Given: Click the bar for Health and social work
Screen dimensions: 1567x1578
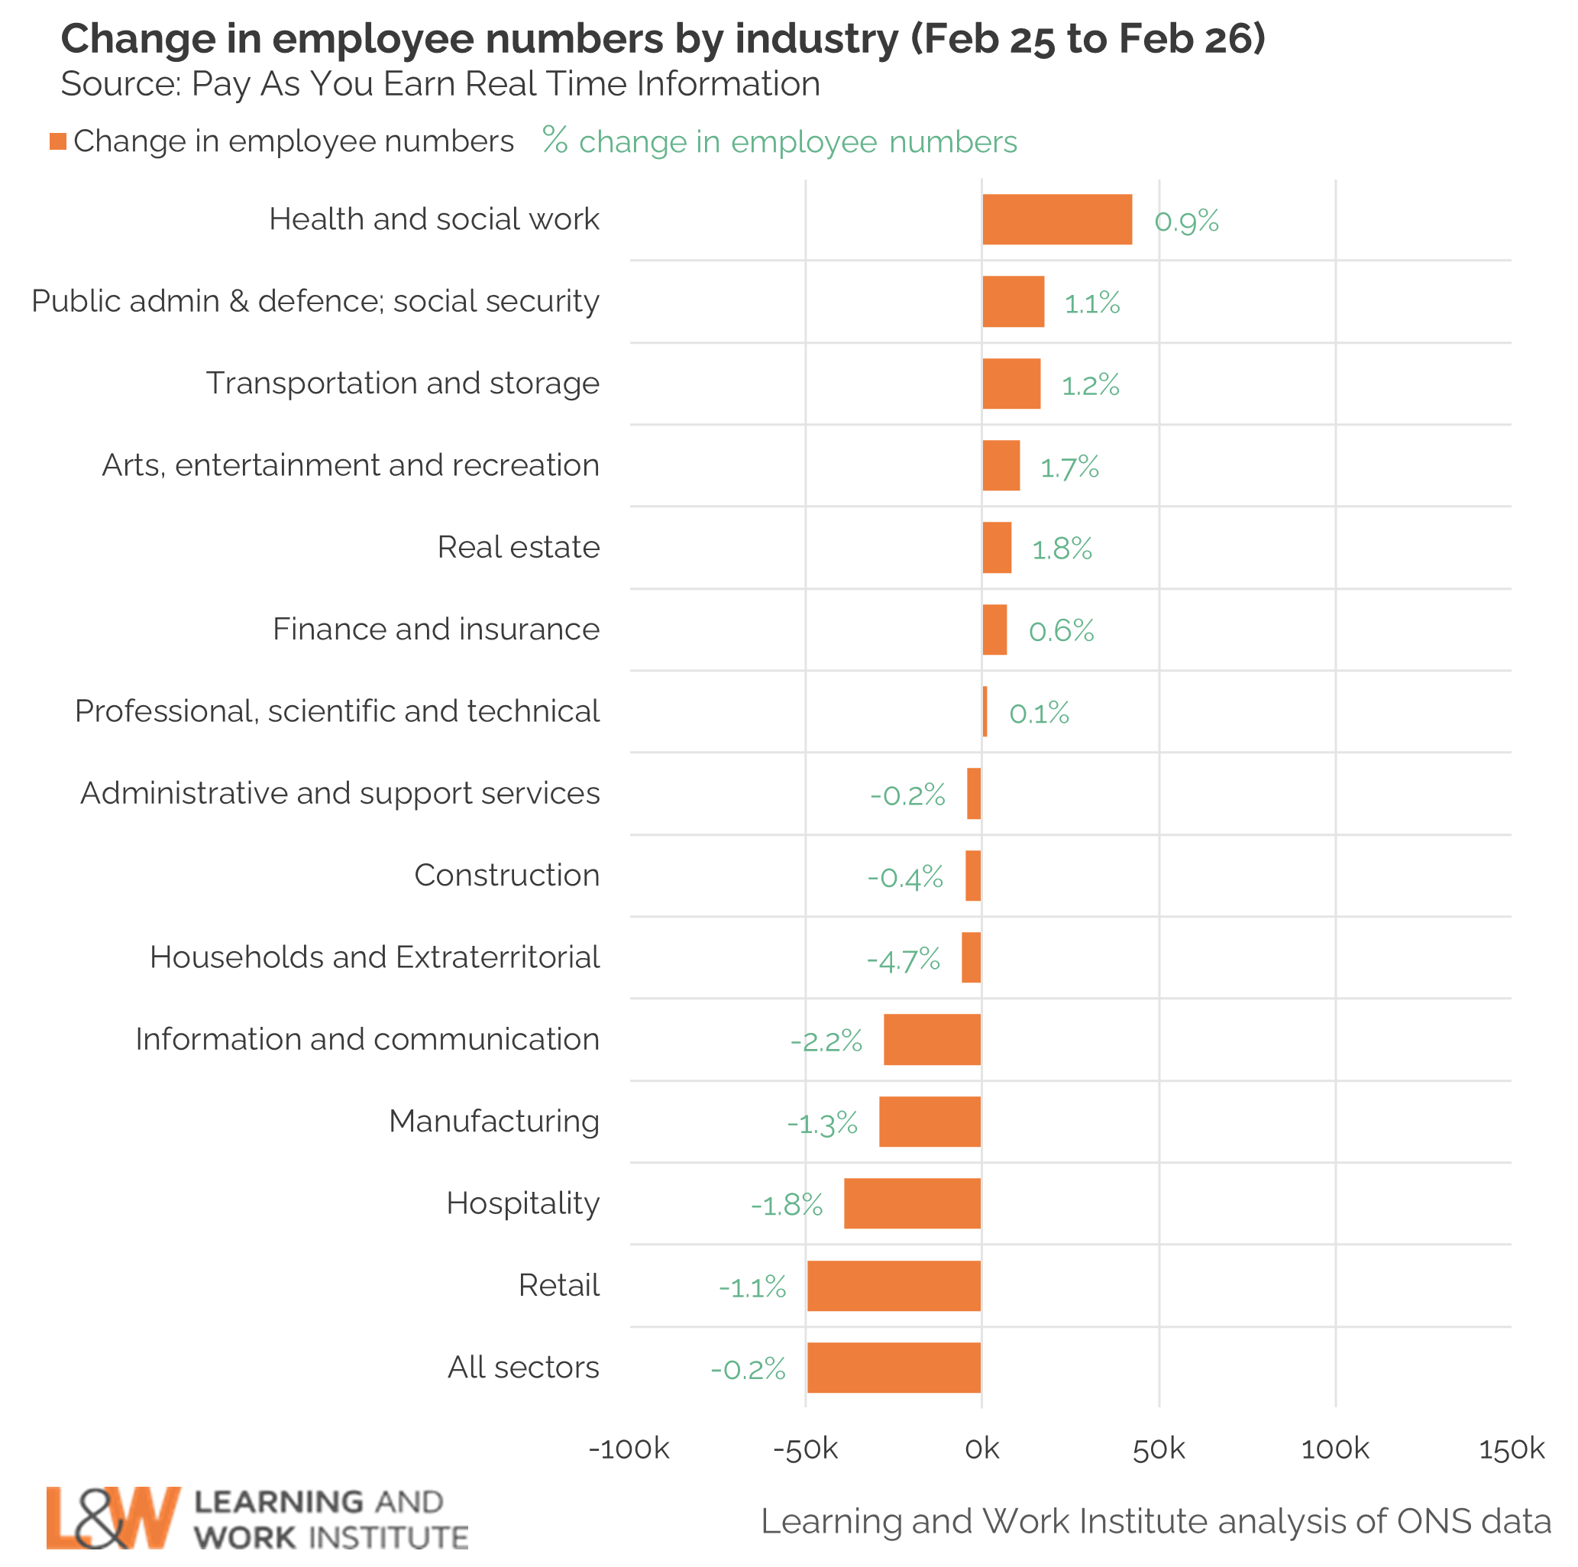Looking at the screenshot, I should point(1057,219).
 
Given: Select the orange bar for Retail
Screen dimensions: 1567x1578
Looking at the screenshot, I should point(894,1285).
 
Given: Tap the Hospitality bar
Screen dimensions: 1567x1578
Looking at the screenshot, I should point(911,1203).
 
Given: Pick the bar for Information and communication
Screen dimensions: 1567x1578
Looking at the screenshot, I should point(932,1039).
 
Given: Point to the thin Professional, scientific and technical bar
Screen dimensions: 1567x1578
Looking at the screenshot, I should point(985,711).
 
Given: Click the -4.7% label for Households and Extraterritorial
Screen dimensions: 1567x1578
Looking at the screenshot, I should point(904,958).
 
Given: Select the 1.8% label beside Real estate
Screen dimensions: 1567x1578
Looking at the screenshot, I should point(1062,549).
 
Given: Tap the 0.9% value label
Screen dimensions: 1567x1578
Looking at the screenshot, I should point(1186,221).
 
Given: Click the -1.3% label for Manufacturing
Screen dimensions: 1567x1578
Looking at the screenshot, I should point(822,1123).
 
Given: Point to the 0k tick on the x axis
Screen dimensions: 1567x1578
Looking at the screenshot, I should point(981,1449).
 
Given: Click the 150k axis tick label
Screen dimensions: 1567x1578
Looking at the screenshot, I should point(1511,1449).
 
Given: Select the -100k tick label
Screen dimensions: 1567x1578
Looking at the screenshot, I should point(629,1449).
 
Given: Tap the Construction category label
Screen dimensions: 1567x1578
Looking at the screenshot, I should point(506,875).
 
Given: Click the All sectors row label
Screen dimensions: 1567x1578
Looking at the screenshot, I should point(522,1367).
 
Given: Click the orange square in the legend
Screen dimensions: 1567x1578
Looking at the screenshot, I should point(58,141).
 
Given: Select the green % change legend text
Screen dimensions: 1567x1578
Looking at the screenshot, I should point(780,141).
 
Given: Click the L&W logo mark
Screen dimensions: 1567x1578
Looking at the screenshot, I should point(112,1517).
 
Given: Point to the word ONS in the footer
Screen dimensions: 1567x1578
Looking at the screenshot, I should point(1429,1521).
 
